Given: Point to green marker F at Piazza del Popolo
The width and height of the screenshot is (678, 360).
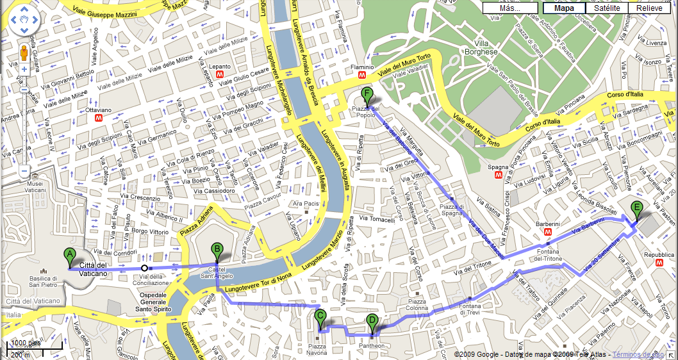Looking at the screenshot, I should coord(367,95).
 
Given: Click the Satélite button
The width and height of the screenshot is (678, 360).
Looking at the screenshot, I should coord(606,8).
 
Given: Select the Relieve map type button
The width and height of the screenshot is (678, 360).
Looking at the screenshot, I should coord(649,8).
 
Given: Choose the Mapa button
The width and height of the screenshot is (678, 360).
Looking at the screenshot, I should coord(564,8).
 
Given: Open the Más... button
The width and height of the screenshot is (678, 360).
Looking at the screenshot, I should coord(509,8).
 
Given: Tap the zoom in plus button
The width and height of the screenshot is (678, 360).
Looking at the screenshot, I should coord(24,69).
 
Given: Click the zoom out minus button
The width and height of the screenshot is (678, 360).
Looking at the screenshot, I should coord(24,171).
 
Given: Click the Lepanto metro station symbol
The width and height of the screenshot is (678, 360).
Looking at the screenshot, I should coord(220,74).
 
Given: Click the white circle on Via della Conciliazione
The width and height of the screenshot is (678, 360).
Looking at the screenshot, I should coord(145,268).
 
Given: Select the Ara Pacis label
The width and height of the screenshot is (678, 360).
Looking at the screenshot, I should coord(306,204).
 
